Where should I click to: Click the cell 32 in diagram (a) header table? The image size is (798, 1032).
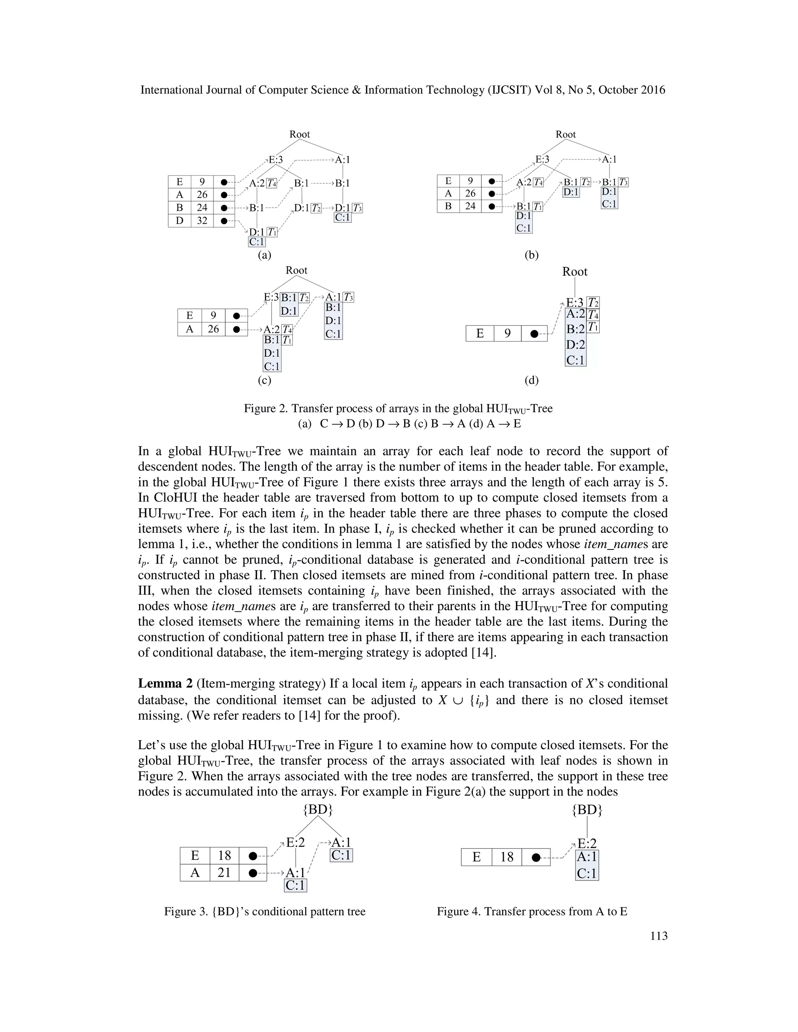coord(202,221)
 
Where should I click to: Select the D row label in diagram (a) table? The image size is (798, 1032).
coord(179,221)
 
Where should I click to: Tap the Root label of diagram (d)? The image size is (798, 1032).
coord(574,272)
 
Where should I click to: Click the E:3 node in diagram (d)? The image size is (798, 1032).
coord(575,303)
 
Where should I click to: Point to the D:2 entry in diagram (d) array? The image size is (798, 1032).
coord(576,345)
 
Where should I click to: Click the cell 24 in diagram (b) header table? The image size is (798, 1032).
coord(470,206)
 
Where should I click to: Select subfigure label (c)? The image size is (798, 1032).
coord(264,380)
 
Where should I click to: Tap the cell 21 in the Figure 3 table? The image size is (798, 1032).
coord(224,872)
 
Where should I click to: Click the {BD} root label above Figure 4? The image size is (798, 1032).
coord(587,810)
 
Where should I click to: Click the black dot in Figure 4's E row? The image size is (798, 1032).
coord(536,857)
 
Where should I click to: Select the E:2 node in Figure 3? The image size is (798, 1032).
coord(295,842)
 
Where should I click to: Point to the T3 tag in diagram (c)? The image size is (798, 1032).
coord(348,297)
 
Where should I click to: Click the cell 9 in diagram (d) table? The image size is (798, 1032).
coord(507,334)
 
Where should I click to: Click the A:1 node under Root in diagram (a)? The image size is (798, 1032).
coord(342,160)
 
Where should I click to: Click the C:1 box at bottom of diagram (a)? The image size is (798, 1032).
coord(257,242)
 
